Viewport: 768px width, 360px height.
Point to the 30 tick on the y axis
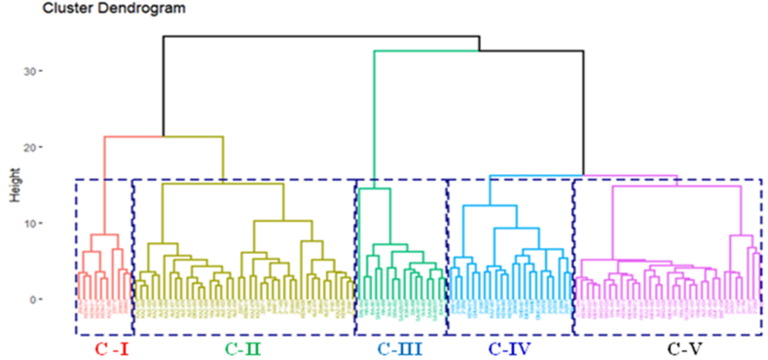coord(31,71)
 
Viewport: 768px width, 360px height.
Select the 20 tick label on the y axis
coord(31,147)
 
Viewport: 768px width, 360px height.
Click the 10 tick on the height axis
coord(31,223)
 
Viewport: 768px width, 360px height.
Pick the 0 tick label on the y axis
coord(34,299)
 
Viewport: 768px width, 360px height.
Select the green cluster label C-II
coord(242,347)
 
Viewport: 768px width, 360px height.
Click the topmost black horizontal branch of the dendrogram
coord(321,37)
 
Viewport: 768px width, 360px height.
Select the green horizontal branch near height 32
coord(477,51)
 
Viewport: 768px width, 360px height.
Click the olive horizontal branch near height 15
coord(223,185)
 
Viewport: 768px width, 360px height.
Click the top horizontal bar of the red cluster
coord(105,234)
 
